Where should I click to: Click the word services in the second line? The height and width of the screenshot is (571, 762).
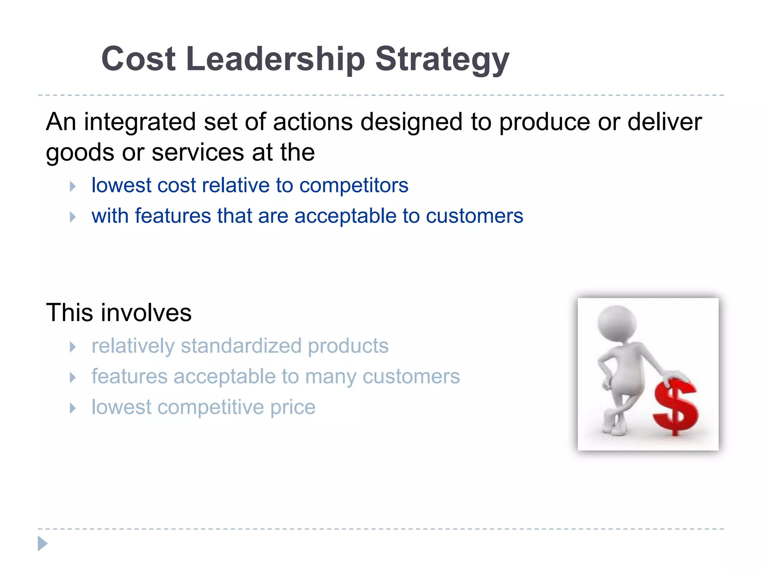click(198, 152)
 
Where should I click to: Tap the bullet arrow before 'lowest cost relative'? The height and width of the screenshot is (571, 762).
click(73, 186)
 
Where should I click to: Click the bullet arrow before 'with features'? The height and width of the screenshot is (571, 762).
click(73, 217)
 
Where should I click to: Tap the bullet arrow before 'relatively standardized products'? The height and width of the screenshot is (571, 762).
click(73, 347)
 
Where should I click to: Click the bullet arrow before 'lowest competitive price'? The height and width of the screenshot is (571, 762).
click(73, 408)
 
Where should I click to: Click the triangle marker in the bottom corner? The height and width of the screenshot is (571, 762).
click(42, 543)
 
